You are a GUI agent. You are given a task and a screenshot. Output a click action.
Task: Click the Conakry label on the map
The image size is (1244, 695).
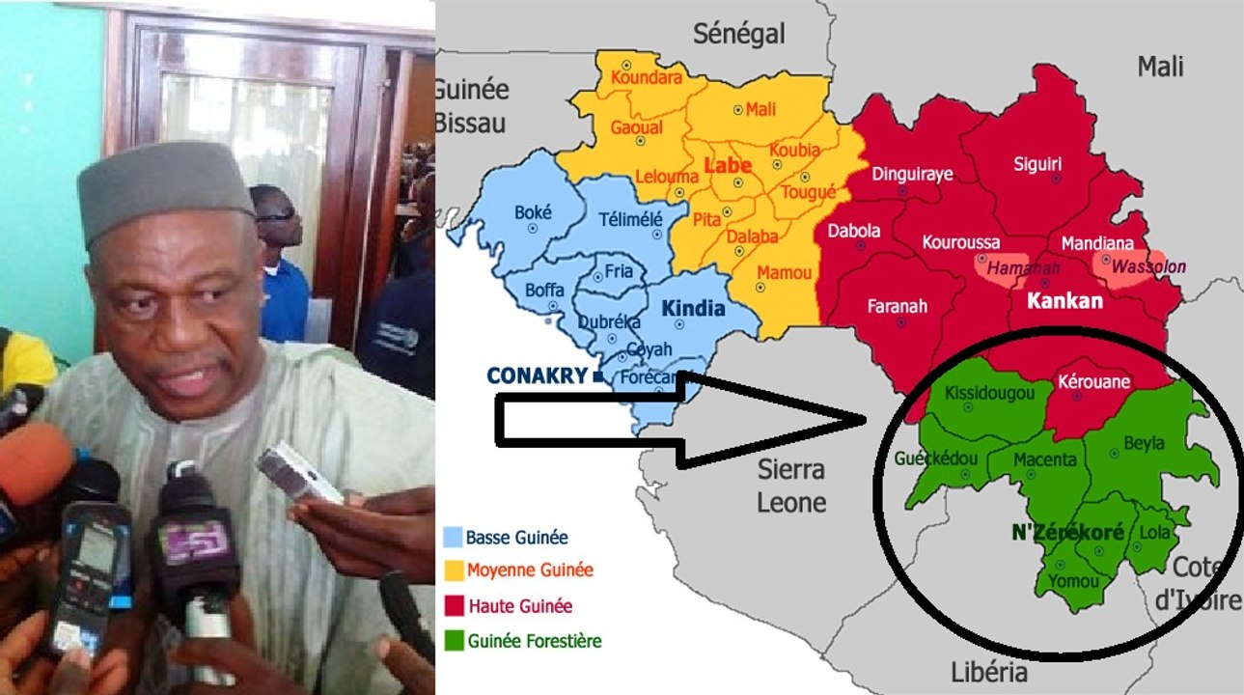tap(539, 375)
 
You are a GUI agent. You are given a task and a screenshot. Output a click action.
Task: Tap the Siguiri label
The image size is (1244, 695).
tap(1037, 164)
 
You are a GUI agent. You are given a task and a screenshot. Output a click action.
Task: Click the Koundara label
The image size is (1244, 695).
tap(647, 79)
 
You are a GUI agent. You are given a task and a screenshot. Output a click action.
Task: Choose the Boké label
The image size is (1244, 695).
tap(534, 212)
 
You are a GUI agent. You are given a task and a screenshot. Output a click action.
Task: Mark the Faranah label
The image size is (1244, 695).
tap(898, 306)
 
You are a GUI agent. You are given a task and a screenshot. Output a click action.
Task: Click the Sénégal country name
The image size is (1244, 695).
tap(739, 34)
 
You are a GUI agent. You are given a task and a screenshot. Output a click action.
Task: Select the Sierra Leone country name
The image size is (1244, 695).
tap(791, 486)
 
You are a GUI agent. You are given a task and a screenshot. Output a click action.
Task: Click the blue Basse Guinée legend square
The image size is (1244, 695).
tap(452, 538)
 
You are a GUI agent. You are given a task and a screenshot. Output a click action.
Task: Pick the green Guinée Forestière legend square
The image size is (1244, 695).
tap(452, 639)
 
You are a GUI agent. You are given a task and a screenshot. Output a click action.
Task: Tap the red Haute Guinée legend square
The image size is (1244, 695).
tap(452, 606)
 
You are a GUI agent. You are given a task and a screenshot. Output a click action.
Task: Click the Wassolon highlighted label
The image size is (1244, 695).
tap(1148, 266)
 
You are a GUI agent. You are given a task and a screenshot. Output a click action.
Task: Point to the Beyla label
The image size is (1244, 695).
tap(1144, 444)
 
